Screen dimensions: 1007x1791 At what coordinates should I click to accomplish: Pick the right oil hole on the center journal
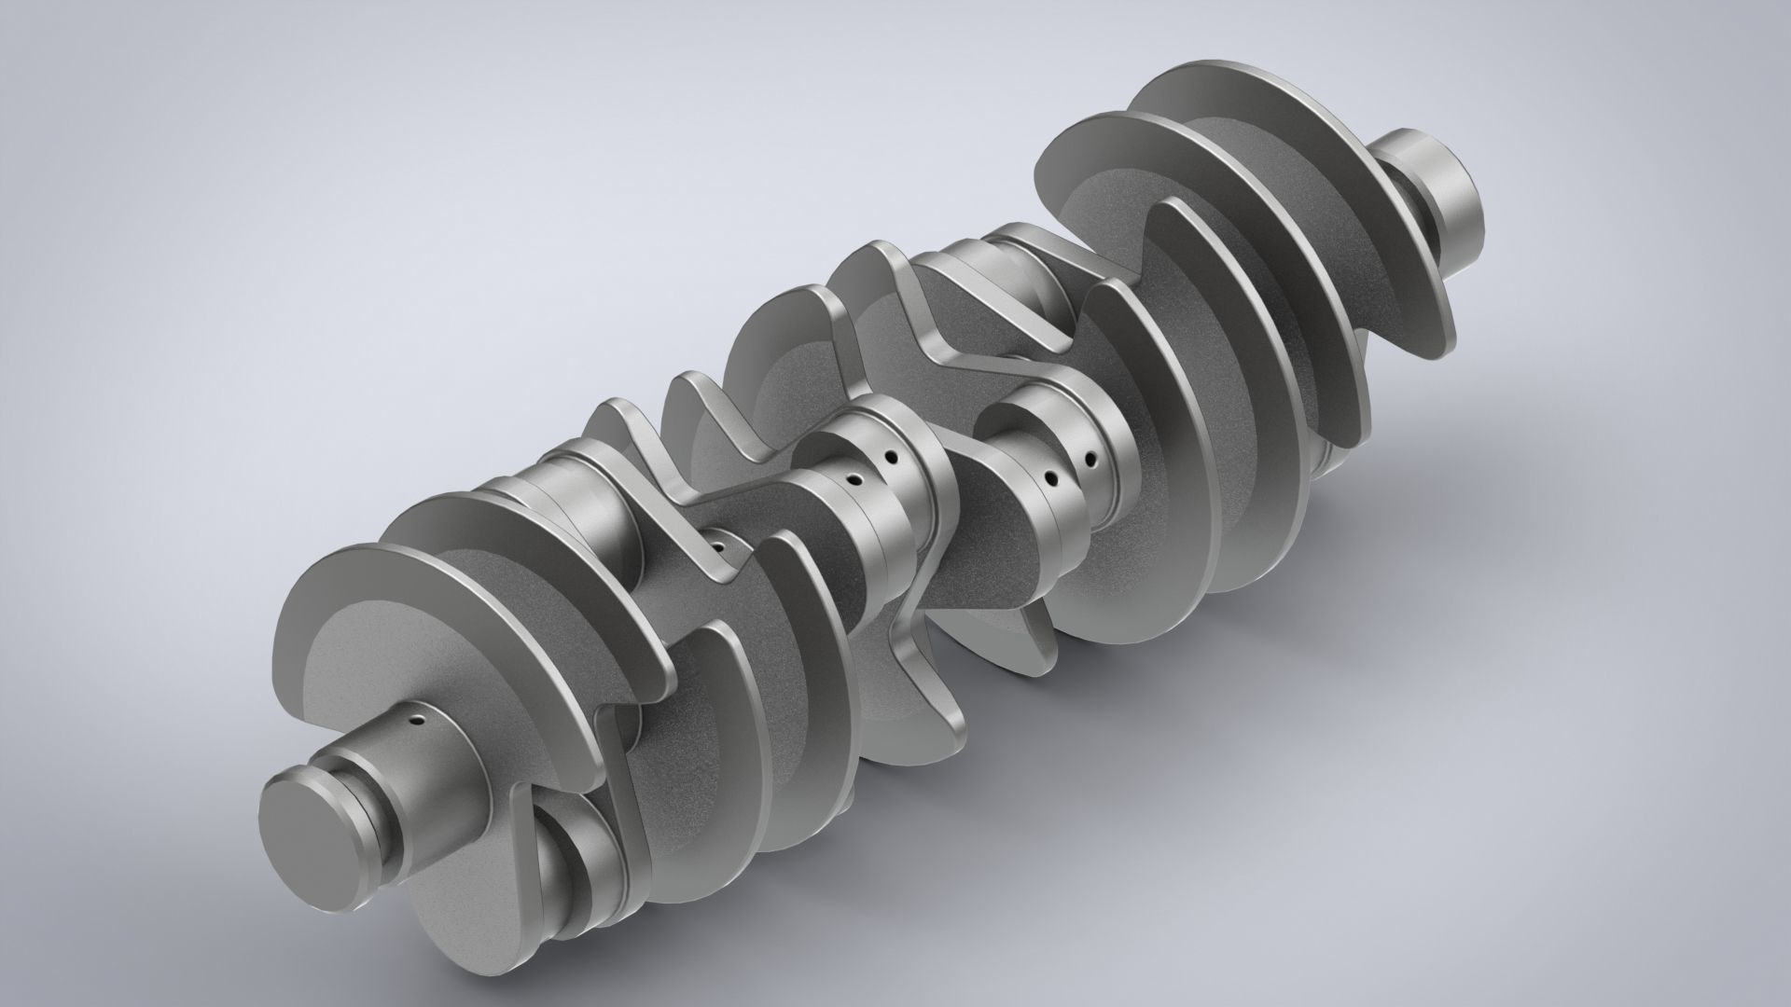893,459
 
